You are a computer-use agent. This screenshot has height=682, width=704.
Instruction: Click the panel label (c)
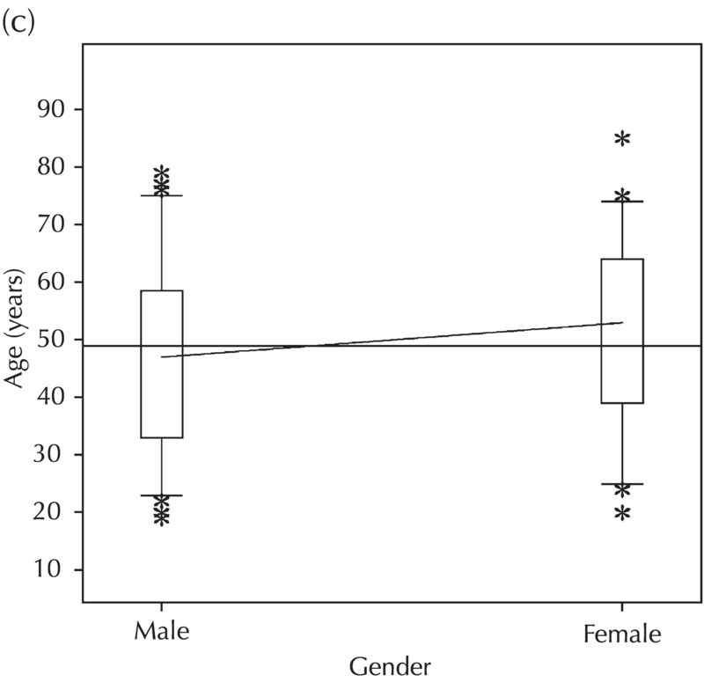[18, 22]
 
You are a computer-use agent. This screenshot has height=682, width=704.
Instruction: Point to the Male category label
[161, 632]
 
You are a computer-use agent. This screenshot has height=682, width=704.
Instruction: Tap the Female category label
[622, 634]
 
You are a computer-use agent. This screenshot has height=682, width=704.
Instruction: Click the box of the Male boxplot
[162, 363]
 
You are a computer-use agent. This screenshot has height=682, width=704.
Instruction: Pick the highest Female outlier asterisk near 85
[623, 139]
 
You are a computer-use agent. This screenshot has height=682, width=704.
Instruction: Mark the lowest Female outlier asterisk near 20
[623, 514]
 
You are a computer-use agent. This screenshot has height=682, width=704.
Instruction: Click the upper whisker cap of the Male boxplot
[162, 195]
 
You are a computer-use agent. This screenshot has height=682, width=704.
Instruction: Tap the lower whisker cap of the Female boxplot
[623, 484]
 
